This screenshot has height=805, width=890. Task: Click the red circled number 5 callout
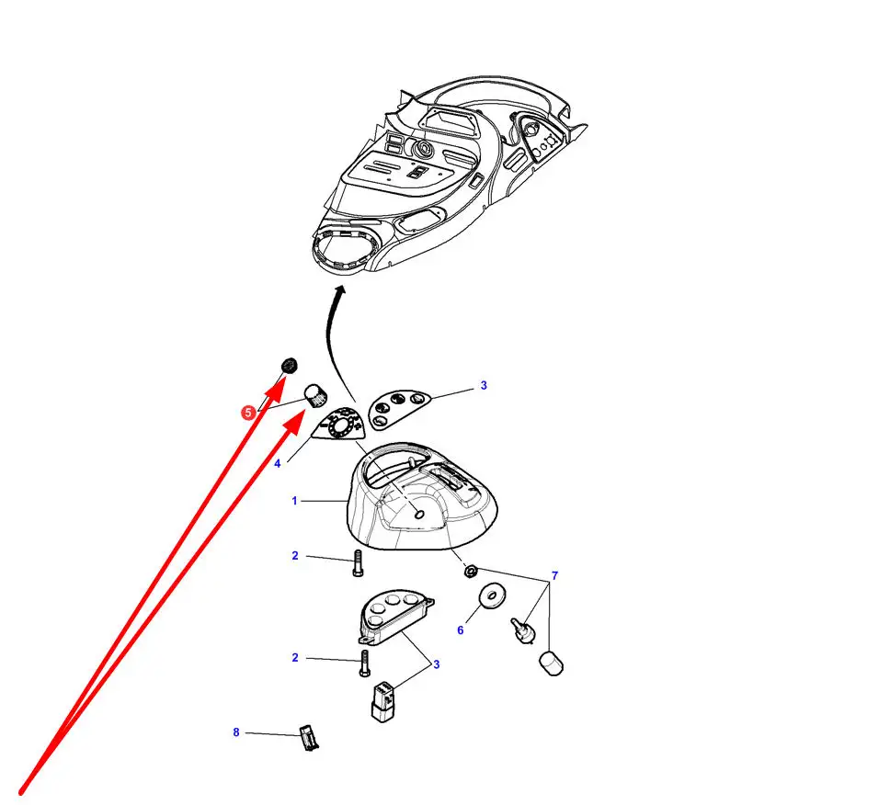point(248,413)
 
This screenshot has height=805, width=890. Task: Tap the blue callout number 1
point(294,501)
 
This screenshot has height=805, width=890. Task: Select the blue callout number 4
point(278,464)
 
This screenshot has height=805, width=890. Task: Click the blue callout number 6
point(461,630)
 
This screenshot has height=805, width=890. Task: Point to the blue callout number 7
point(554,576)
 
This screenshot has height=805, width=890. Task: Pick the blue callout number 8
point(236,732)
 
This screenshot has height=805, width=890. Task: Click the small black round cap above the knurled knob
point(290,366)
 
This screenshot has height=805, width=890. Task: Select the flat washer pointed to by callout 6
point(492,596)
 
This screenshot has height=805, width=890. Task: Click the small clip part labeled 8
point(309,738)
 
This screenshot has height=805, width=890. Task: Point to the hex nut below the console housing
point(470,572)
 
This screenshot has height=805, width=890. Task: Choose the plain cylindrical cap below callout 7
point(551,663)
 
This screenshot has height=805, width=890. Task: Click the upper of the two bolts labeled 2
point(358,563)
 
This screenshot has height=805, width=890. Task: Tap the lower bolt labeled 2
point(364,663)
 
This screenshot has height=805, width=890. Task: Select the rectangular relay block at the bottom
point(383,702)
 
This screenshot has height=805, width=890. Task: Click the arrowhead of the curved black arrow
point(340,290)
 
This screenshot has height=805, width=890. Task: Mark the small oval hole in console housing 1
point(419,514)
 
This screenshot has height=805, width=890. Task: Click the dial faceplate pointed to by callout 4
point(339,425)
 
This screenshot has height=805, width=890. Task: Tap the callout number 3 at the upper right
point(484,385)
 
